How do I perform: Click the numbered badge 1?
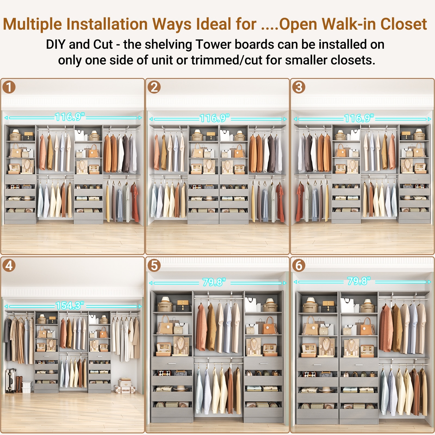9,87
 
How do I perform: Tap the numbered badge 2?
154,87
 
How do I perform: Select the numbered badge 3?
299,87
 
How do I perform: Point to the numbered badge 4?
9,265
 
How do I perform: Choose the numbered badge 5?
154,265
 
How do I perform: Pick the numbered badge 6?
299,265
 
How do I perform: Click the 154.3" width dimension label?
70,306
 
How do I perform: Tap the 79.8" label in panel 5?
214,282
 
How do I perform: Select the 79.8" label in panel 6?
359,281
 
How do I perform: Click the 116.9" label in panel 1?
70,117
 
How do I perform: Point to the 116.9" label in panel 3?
359,118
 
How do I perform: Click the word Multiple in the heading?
33,24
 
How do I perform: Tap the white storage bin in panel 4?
27,386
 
